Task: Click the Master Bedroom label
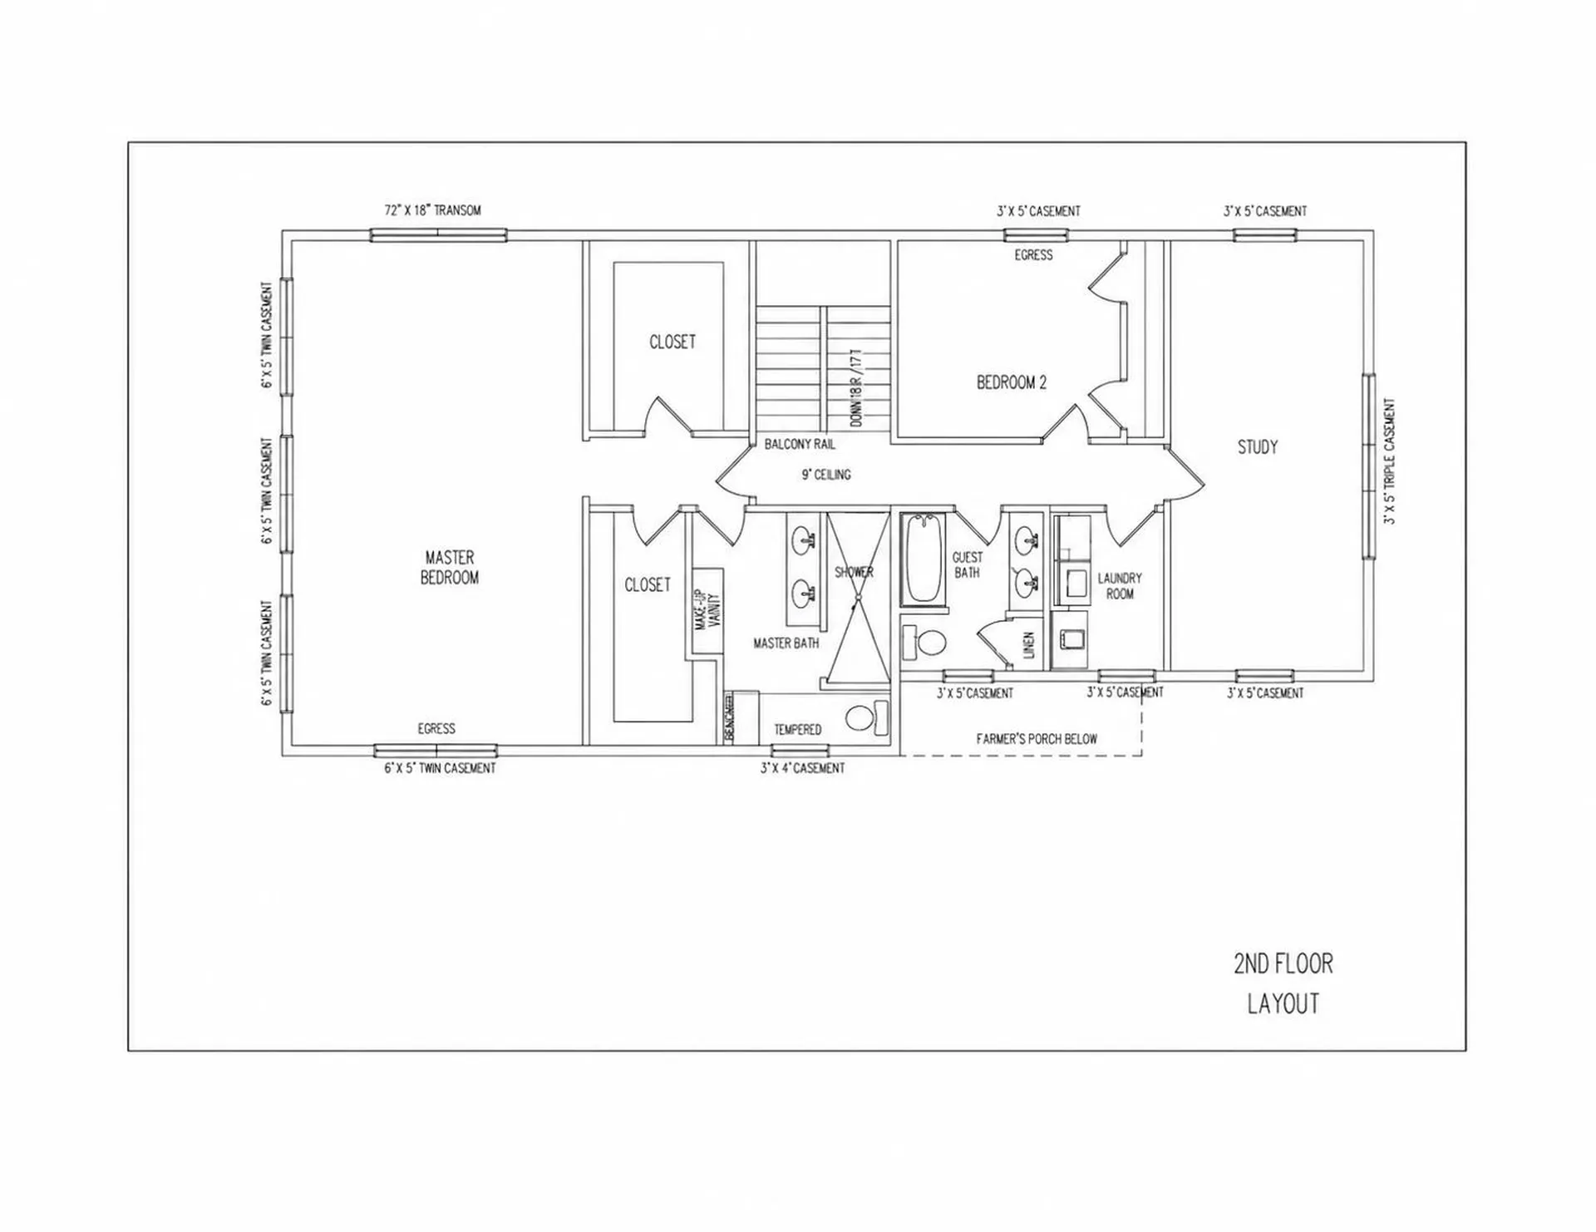pos(450,567)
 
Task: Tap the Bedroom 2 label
pos(1011,382)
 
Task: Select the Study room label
pos(1257,447)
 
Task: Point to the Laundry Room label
pos(1120,585)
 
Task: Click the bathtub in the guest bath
pos(923,559)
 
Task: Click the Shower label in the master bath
pos(854,572)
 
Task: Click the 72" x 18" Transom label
pos(432,210)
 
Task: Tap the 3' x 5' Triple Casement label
pos(1389,461)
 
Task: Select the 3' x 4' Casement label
pos(802,768)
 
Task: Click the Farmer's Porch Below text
pos(1037,738)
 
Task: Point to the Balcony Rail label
pos(800,445)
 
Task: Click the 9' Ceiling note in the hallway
pos(825,475)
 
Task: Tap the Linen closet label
pos(1028,645)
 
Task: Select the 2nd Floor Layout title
pos(1283,983)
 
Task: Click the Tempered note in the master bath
pos(797,730)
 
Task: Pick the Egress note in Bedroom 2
pos(1033,255)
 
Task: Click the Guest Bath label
pos(967,564)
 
